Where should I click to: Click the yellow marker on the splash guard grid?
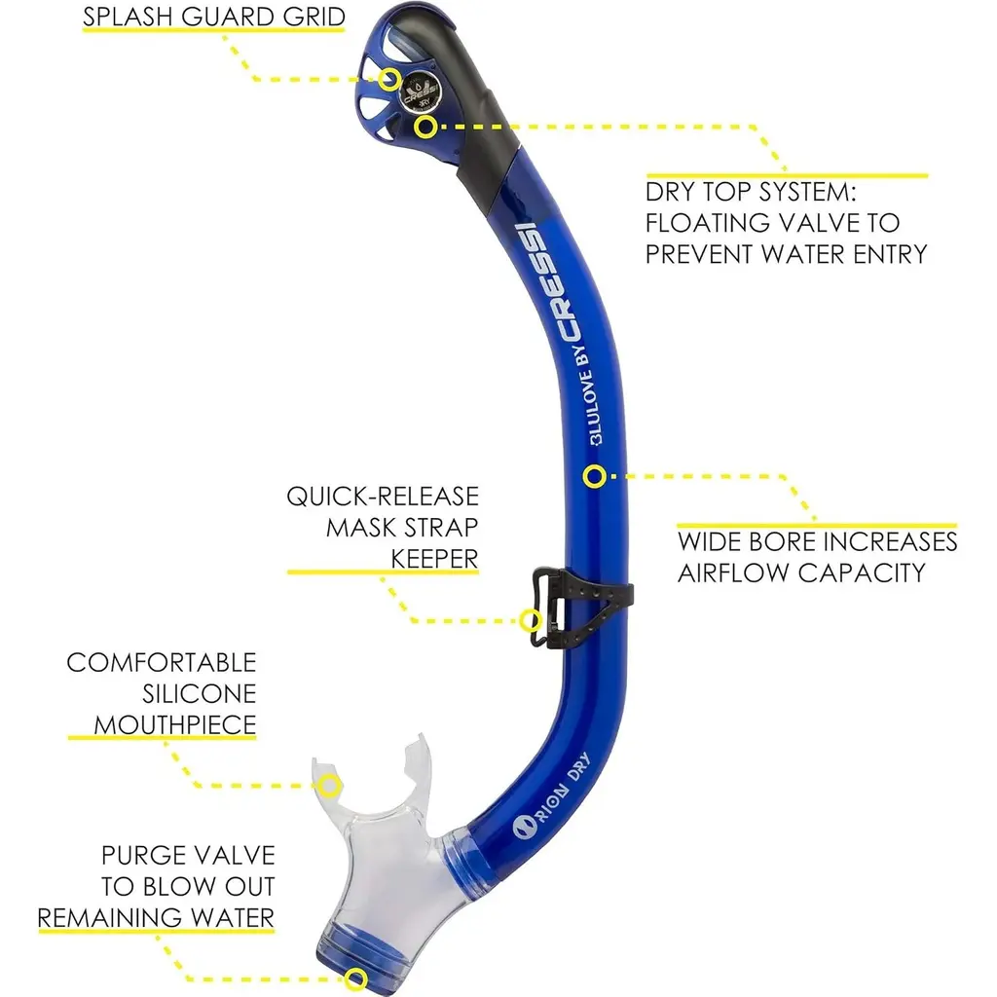tap(389, 80)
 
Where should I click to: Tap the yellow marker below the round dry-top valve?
tap(425, 126)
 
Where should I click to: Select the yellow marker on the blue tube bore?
tap(595, 476)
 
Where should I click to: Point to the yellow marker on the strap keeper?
tap(531, 619)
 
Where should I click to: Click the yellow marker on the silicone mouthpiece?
tap(330, 785)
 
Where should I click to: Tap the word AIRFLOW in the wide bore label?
tap(746, 572)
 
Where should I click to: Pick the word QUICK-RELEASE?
tap(383, 497)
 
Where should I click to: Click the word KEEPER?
tap(434, 558)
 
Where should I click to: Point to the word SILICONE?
tap(199, 694)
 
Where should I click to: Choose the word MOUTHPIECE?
tap(162, 724)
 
